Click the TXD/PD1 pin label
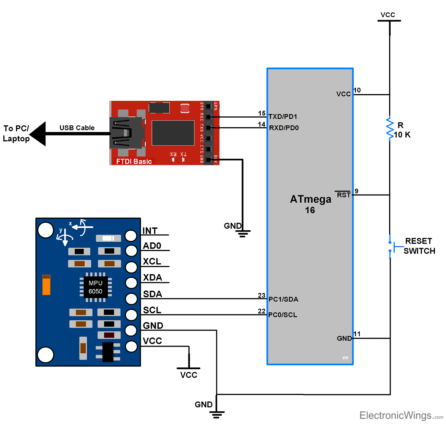click(x=283, y=117)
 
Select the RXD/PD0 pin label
click(x=284, y=128)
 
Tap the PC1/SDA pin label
click(x=283, y=299)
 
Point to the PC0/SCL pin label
click(x=282, y=315)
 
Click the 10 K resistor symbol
click(x=390, y=129)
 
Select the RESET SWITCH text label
click(x=419, y=246)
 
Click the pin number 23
click(x=262, y=295)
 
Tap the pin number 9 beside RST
click(x=356, y=191)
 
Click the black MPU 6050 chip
click(x=95, y=287)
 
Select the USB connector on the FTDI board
click(x=126, y=133)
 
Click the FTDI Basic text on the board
click(x=134, y=161)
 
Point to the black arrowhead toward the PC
click(x=38, y=134)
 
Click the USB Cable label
click(x=77, y=128)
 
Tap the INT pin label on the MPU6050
click(x=150, y=231)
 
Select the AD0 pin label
click(x=152, y=246)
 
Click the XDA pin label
click(x=152, y=278)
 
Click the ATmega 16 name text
click(x=310, y=204)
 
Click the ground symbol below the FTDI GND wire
click(x=242, y=233)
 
